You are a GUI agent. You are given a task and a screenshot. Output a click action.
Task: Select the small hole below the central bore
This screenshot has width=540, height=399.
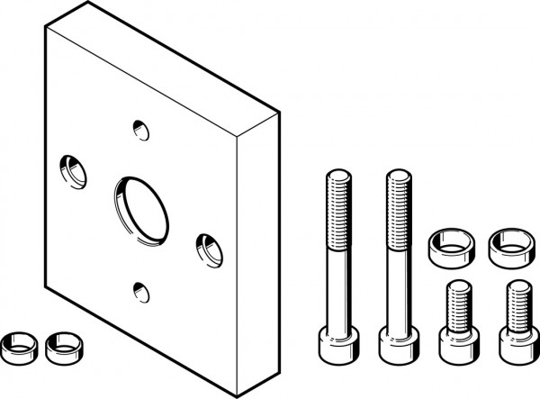coord(139,289)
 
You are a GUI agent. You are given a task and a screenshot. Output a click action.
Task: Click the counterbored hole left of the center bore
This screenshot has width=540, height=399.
coord(69,168)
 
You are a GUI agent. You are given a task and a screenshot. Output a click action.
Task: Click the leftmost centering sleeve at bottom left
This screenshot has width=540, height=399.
coord(17,344)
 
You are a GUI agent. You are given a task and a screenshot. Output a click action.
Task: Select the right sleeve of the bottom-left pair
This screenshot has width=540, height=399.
coord(61,344)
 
